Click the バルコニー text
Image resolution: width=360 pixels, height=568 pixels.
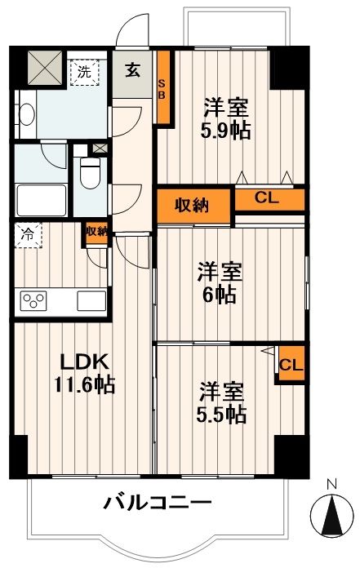coord(157,502)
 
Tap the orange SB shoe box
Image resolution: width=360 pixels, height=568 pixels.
coord(162,88)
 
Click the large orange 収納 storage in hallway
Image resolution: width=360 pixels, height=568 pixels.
coord(195,205)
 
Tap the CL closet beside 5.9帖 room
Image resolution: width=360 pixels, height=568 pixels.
coord(269,198)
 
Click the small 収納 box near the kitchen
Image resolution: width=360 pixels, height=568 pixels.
coord(96,232)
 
